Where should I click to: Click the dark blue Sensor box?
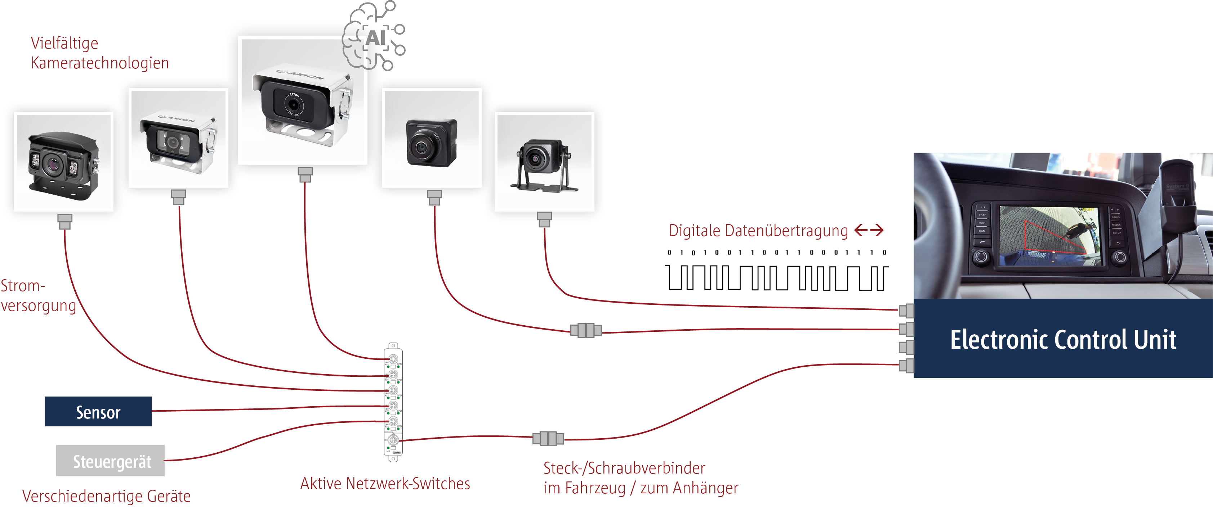click(98, 412)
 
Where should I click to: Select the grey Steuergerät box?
click(111, 461)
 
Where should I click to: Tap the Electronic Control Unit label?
click(1063, 340)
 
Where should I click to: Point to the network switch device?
click(393, 402)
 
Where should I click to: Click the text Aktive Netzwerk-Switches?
click(385, 484)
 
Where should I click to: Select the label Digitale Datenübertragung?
click(758, 230)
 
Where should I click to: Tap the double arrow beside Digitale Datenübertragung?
click(869, 230)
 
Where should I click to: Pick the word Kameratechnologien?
click(100, 63)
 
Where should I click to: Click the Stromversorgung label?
click(38, 295)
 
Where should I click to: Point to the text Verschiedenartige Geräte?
click(106, 496)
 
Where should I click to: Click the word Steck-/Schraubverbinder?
click(624, 468)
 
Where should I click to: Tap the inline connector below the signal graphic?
click(586, 330)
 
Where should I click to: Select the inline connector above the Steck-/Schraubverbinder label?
click(548, 439)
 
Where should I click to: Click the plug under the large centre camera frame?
click(305, 175)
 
